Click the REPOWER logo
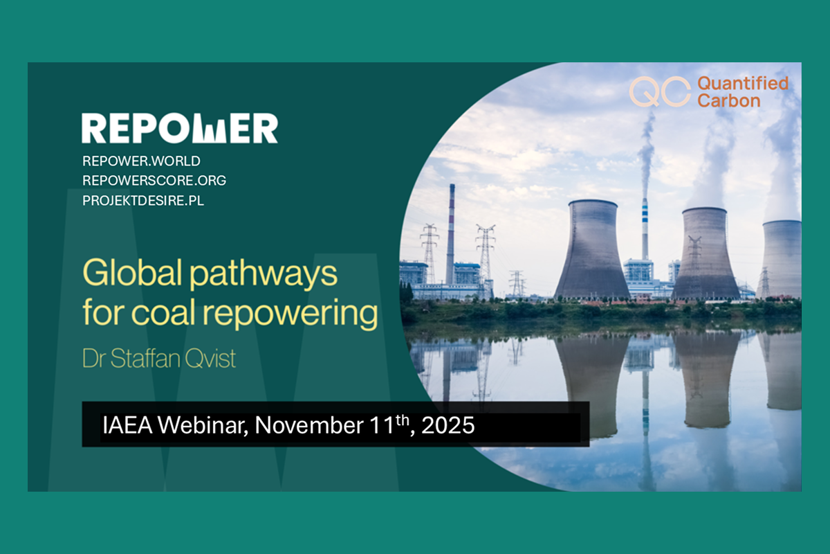[180, 128]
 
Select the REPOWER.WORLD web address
[142, 161]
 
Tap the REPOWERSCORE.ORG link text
[154, 181]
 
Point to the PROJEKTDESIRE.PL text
[143, 201]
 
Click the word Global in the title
[133, 273]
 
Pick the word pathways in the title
[264, 276]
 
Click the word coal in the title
[163, 313]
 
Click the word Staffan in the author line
[145, 358]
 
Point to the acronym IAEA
[127, 425]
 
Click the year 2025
[448, 425]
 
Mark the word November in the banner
[309, 425]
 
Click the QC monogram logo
[660, 91]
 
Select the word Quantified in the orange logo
[743, 84]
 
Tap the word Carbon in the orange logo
[729, 100]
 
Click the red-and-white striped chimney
[450, 234]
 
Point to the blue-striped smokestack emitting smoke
[645, 229]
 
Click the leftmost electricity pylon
[429, 254]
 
